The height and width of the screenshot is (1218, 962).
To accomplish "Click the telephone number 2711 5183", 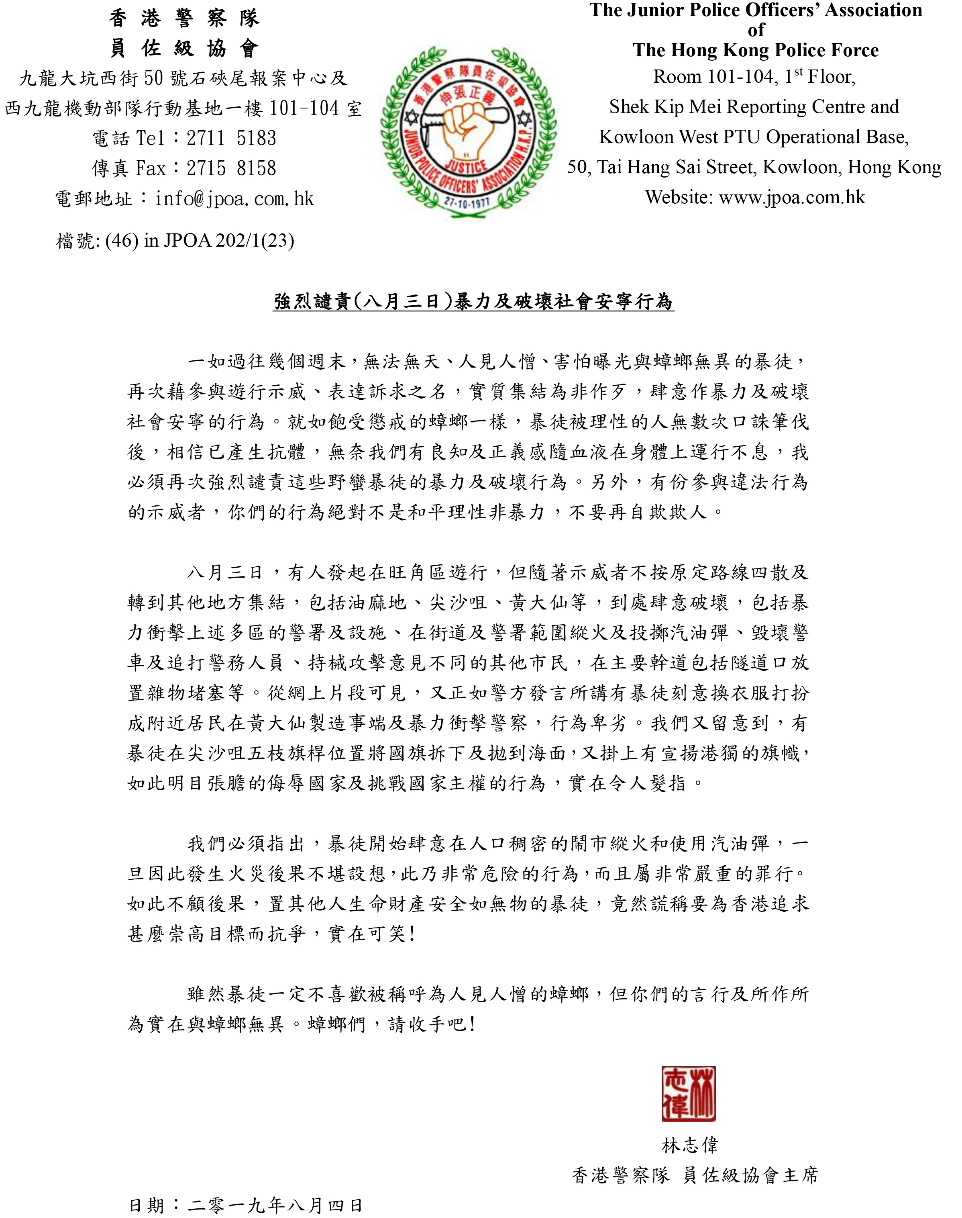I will pos(232,139).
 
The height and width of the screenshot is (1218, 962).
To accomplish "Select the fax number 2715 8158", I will pos(232,168).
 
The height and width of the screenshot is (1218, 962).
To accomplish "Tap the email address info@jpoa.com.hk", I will pos(235,199).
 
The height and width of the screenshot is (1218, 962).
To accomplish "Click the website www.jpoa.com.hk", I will pos(792,198).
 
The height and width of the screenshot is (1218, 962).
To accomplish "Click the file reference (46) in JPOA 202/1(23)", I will pos(200,241).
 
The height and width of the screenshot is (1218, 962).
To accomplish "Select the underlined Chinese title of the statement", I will pos(473,302).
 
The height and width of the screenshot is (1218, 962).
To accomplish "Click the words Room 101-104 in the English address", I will pos(715,77).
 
